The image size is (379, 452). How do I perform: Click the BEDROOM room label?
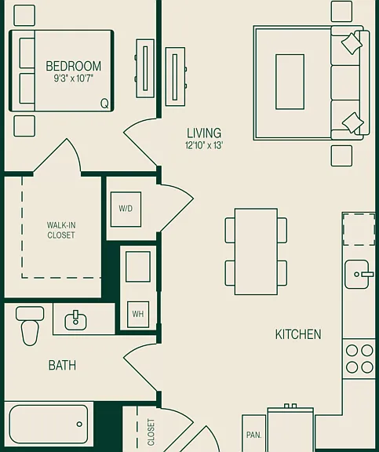point(74,66)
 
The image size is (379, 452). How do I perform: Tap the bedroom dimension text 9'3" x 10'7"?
point(74,78)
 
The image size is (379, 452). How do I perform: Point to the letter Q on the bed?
point(104,104)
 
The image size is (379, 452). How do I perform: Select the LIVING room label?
point(204,133)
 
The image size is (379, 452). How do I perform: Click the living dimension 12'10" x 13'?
point(204,145)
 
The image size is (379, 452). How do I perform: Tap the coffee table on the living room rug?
point(290,82)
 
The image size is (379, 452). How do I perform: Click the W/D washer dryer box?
point(126,210)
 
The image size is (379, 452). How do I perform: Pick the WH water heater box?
point(138,314)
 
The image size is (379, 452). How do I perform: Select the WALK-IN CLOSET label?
point(61,230)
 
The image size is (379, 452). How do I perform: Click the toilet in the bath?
point(30,326)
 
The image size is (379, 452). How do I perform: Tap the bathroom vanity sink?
point(75,321)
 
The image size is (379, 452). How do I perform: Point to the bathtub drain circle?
point(79,424)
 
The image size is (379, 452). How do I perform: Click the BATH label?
point(62,365)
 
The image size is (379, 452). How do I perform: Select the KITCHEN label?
point(298,334)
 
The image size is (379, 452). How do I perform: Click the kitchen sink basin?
point(357,274)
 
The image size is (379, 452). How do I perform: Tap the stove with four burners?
point(359,359)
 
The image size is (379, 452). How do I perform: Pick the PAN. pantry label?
point(254,435)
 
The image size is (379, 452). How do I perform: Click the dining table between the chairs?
point(256,251)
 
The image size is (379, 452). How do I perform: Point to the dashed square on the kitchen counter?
point(359,229)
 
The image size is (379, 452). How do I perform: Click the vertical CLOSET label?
point(151,432)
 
